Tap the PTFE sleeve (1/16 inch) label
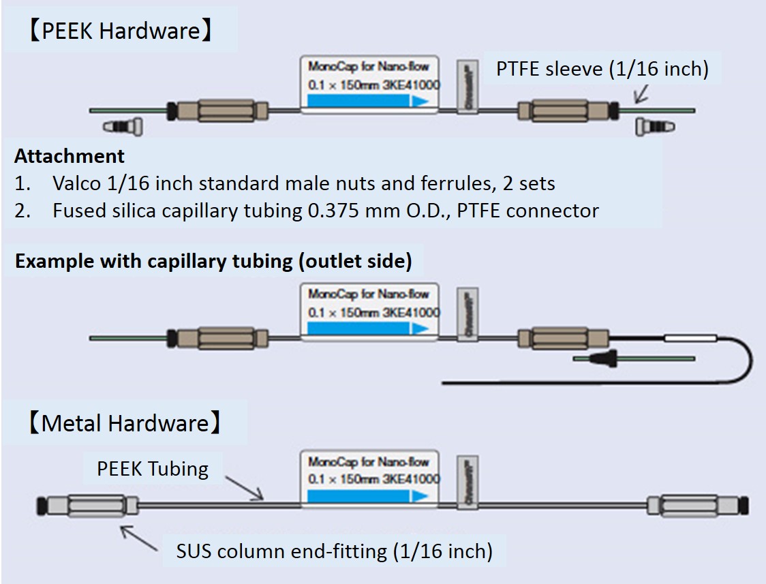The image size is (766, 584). (x=602, y=69)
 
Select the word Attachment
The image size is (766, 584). (x=70, y=156)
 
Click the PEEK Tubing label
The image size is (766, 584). (x=153, y=468)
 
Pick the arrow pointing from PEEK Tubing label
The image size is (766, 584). (x=243, y=487)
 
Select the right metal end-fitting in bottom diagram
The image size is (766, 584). (x=698, y=506)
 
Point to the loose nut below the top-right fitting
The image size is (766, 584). (x=655, y=126)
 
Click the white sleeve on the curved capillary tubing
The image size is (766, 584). (x=689, y=337)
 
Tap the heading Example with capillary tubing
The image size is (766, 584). (x=213, y=262)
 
